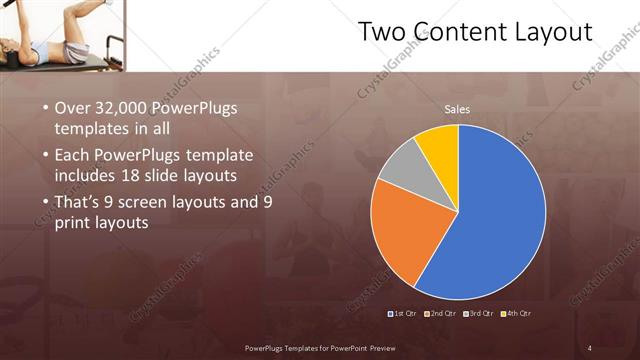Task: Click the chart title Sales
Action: tap(458, 109)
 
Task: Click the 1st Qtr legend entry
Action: tap(405, 314)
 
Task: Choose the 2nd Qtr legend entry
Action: tap(443, 314)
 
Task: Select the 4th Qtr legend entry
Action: tap(517, 314)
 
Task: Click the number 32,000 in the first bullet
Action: tap(123, 107)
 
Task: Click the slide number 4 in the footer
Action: tap(590, 347)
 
